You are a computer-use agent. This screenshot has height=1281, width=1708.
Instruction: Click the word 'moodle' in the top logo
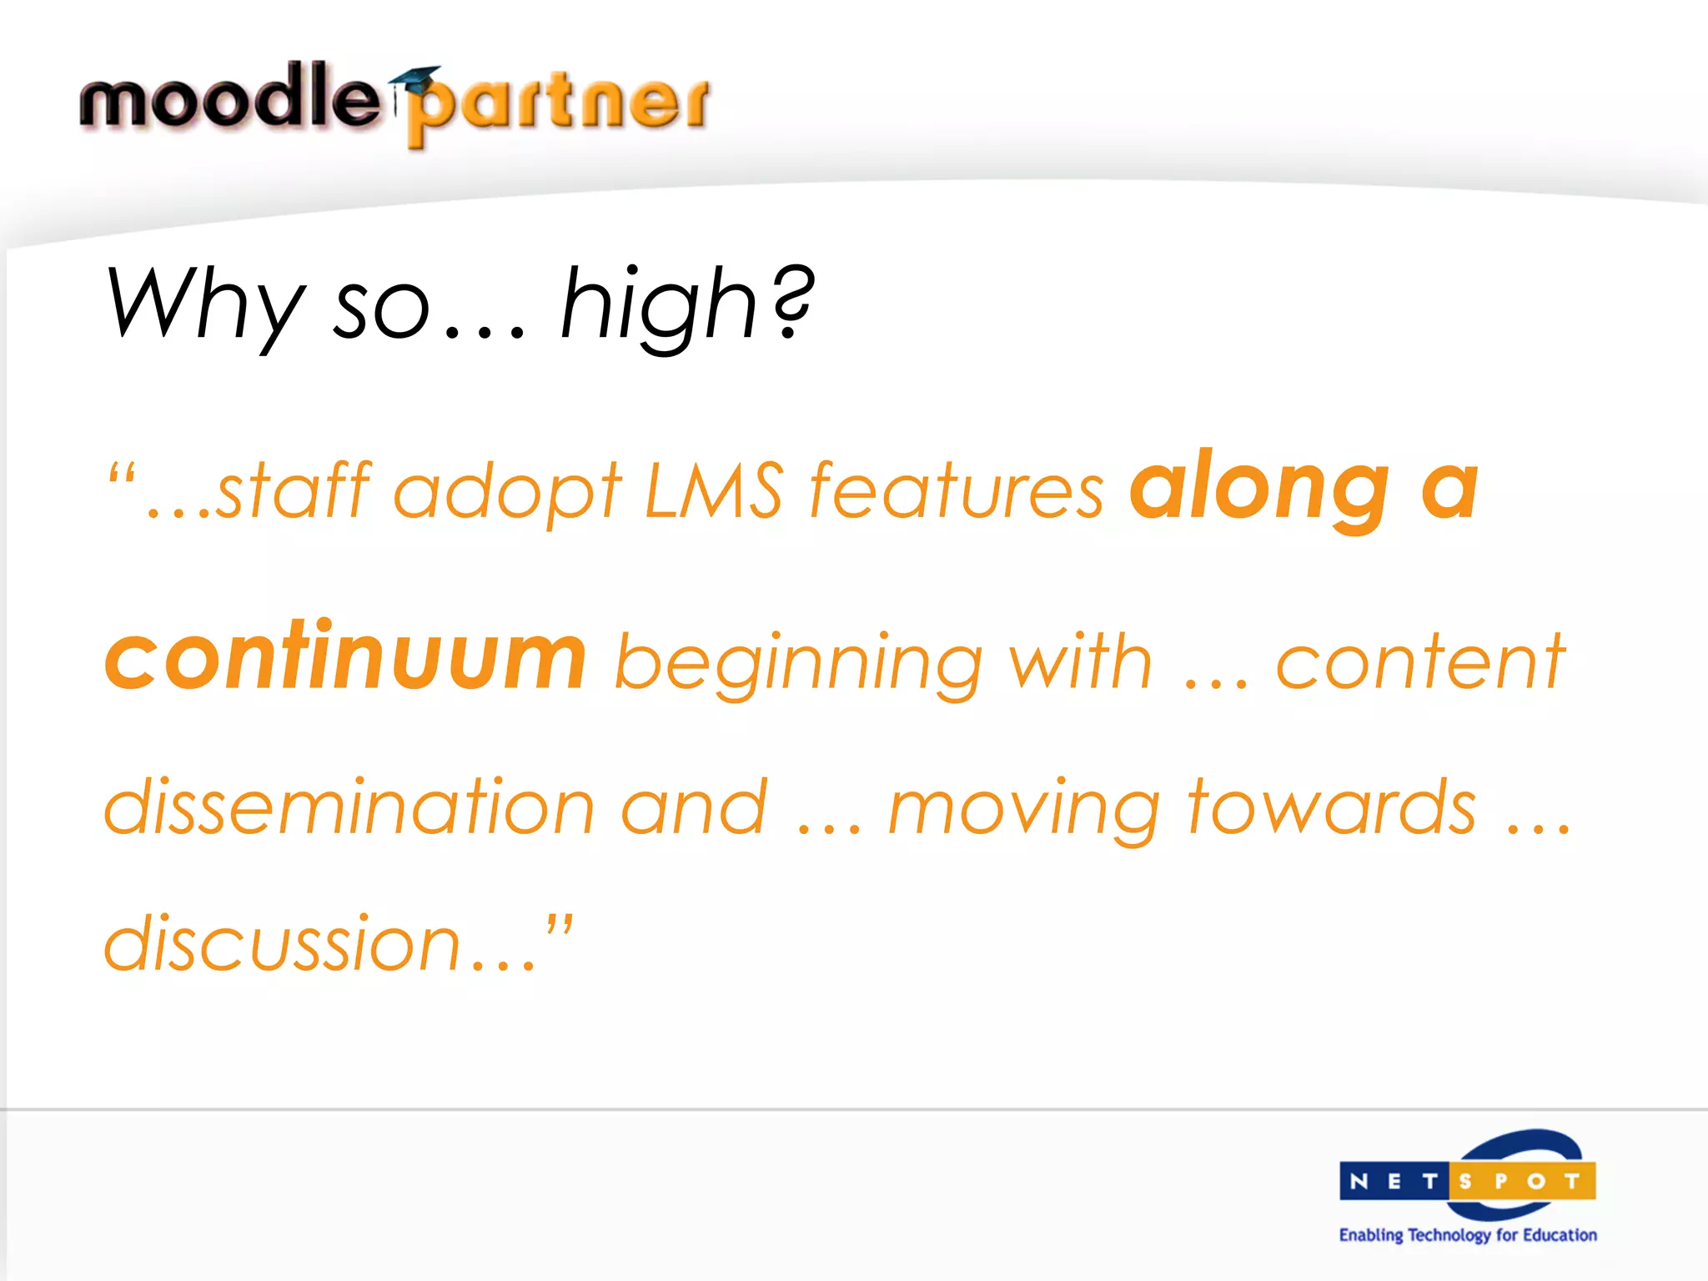pyautogui.click(x=229, y=98)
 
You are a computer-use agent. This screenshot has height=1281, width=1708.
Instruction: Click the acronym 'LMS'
pyautogui.click(x=714, y=490)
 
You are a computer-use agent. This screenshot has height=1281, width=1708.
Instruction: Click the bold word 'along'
pyautogui.click(x=1259, y=488)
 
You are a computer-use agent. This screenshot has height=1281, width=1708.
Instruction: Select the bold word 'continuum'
pyautogui.click(x=346, y=659)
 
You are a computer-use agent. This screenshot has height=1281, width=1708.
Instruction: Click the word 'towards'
pyautogui.click(x=1331, y=806)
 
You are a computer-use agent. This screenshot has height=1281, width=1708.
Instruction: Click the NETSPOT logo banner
pyautogui.click(x=1468, y=1180)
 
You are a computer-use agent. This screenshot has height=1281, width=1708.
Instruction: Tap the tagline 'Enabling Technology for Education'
pyautogui.click(x=1468, y=1235)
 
